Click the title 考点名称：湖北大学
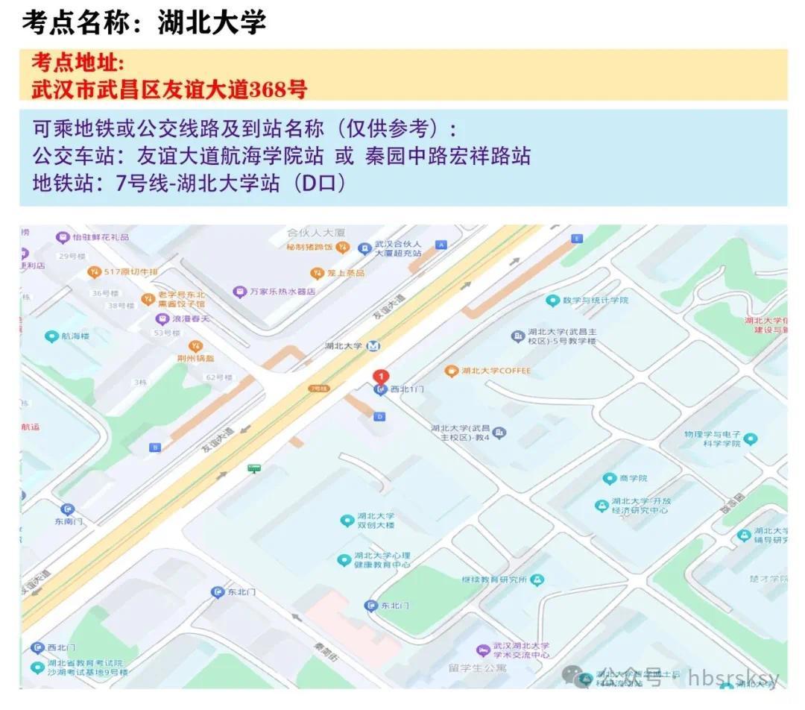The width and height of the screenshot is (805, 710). pos(144,23)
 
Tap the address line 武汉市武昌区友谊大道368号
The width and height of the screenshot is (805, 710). pos(169,89)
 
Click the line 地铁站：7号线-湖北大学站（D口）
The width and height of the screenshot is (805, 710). pos(189,183)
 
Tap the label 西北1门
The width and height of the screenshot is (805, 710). pos(407,389)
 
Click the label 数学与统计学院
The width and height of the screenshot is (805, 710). pos(596,301)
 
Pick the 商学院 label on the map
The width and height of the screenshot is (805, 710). pos(634,478)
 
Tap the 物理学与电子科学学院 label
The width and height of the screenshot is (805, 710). pos(713,439)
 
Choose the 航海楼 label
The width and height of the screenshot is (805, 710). pos(75,336)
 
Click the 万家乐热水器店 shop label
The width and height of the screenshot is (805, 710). pos(282,292)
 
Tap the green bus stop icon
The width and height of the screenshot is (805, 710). pos(255,468)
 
